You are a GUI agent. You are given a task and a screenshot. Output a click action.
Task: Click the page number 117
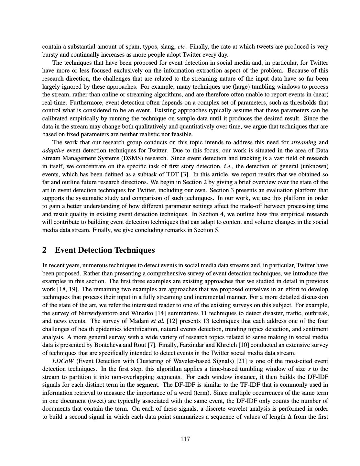[x=185, y=439]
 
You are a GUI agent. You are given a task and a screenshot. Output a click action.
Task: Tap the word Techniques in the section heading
[x=130, y=250]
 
